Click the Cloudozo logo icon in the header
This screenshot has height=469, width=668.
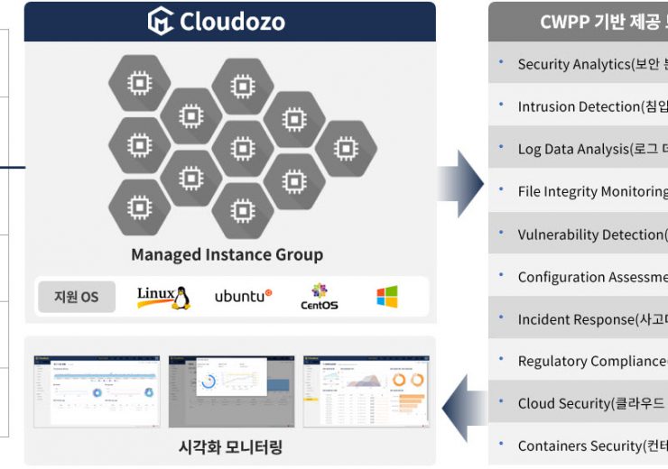[161, 21]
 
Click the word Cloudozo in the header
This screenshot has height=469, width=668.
[232, 21]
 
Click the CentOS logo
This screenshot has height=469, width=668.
[319, 297]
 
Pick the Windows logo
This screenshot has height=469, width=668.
[387, 297]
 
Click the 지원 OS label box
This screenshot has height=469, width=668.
[77, 297]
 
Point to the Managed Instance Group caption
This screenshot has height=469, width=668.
[227, 254]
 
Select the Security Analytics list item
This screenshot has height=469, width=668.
[592, 64]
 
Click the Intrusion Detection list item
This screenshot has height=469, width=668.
[592, 106]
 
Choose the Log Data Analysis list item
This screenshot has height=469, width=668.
[592, 149]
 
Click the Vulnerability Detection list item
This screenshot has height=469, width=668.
[592, 234]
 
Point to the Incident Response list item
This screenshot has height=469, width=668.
[592, 319]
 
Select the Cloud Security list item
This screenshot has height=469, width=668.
[592, 403]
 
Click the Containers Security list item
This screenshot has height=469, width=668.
[592, 446]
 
